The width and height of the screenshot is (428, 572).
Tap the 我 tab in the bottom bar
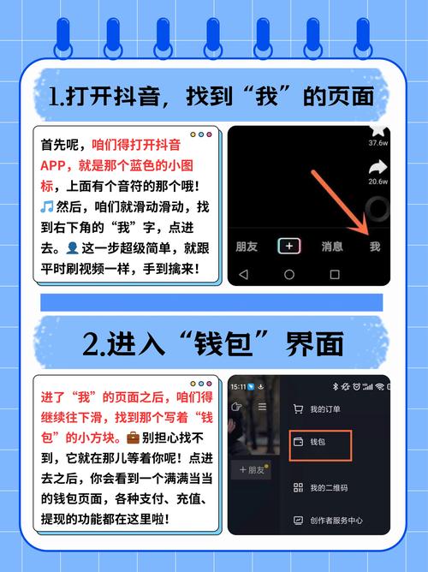click(x=374, y=246)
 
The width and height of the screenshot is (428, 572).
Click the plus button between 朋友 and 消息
click(x=290, y=246)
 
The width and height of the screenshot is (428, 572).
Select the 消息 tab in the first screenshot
click(x=332, y=246)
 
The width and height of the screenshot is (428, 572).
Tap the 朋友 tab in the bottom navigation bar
click(x=247, y=246)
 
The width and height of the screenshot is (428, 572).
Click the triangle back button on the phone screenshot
click(x=243, y=274)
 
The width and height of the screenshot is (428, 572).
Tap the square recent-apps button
click(x=335, y=274)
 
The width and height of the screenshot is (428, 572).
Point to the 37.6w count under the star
click(x=377, y=143)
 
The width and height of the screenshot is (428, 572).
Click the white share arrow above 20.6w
click(x=377, y=167)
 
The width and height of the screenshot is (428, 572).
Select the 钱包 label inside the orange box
click(x=318, y=442)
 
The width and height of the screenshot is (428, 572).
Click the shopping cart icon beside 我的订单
click(x=298, y=409)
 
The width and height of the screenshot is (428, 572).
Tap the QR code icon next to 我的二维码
click(x=298, y=487)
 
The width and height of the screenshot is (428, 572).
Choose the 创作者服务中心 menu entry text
click(x=336, y=520)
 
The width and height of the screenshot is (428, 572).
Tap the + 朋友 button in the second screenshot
click(x=254, y=469)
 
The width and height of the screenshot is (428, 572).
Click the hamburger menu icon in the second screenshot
click(x=262, y=408)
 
